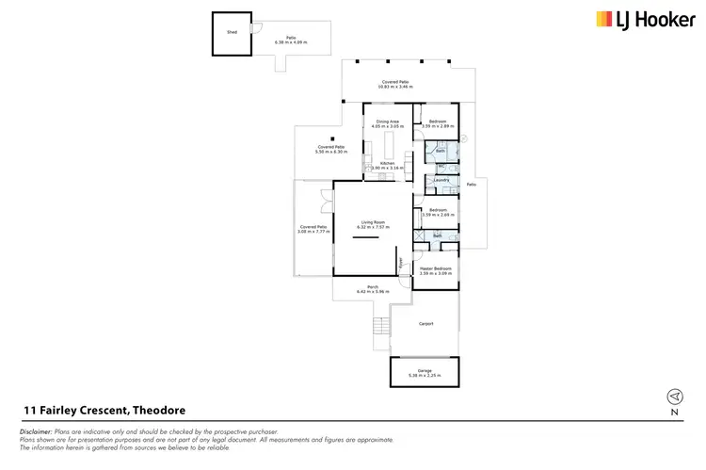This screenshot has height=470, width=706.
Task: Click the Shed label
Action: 232,31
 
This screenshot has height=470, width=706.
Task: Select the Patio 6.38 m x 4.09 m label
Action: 291,40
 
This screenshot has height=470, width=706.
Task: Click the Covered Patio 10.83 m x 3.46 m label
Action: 394,85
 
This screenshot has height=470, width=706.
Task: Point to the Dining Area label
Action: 388,122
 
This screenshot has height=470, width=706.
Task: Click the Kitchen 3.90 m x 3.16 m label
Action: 387,166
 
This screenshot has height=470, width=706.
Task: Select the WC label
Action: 441,166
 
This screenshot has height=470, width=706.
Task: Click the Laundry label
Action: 441,179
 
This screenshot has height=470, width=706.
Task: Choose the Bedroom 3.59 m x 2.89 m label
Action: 439,123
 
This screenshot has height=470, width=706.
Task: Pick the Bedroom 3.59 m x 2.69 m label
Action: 439,213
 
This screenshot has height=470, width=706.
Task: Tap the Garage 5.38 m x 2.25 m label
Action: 425,372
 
